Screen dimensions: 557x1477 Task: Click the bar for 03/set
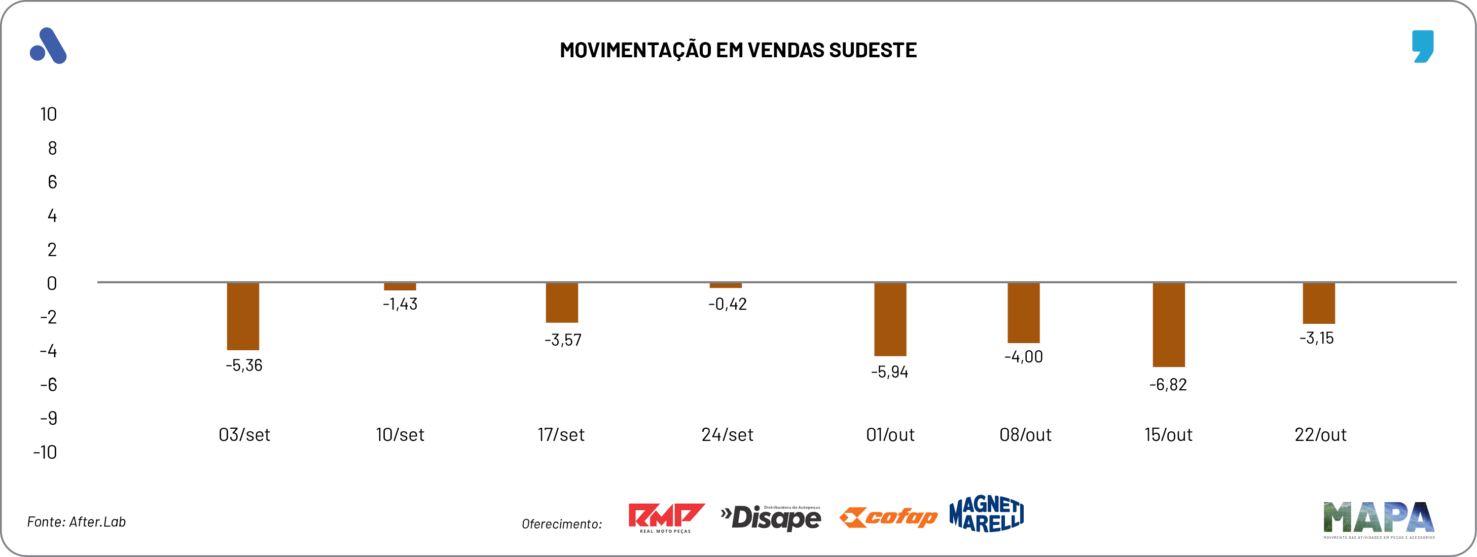tap(243, 316)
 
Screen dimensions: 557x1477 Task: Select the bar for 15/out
tap(1169, 324)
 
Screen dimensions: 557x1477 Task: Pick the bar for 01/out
tap(890, 319)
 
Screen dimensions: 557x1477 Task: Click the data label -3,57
tap(562, 341)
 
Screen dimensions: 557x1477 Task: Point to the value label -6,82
tap(1168, 385)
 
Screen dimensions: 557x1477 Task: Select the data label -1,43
tap(400, 304)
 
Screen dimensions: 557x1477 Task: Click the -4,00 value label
tap(1024, 357)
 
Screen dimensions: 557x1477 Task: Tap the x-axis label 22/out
tap(1320, 435)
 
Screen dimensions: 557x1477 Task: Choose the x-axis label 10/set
tap(400, 435)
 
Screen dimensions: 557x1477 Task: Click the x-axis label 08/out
tap(1025, 435)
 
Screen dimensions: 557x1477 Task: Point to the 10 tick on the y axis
tap(49, 115)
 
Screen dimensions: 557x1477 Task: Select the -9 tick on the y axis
tap(49, 418)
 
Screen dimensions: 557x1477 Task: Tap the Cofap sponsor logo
tap(888, 517)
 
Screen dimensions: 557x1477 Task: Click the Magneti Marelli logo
tap(986, 514)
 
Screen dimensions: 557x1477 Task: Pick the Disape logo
tap(771, 517)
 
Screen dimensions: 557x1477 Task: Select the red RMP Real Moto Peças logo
tap(666, 517)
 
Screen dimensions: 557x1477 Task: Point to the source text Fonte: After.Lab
tap(76, 522)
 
